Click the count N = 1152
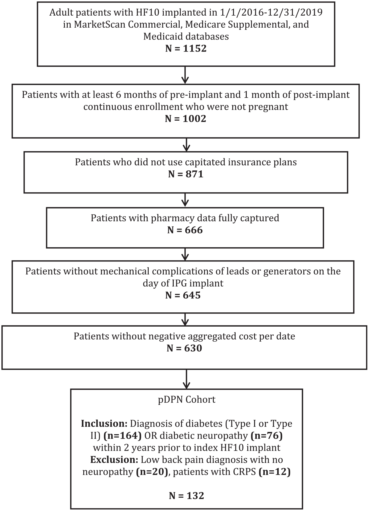click(x=186, y=49)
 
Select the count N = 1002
click(x=186, y=119)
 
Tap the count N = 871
click(x=186, y=174)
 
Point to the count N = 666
click(x=185, y=230)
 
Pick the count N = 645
click(x=183, y=295)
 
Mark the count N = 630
click(x=184, y=348)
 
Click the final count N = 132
click(x=186, y=496)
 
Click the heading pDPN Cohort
click(x=187, y=399)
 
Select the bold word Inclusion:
click(x=104, y=424)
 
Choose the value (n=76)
click(x=265, y=436)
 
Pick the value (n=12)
click(x=275, y=472)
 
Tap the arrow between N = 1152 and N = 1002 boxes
click(x=185, y=75)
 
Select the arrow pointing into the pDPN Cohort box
click(x=186, y=379)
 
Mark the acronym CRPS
click(x=243, y=472)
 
